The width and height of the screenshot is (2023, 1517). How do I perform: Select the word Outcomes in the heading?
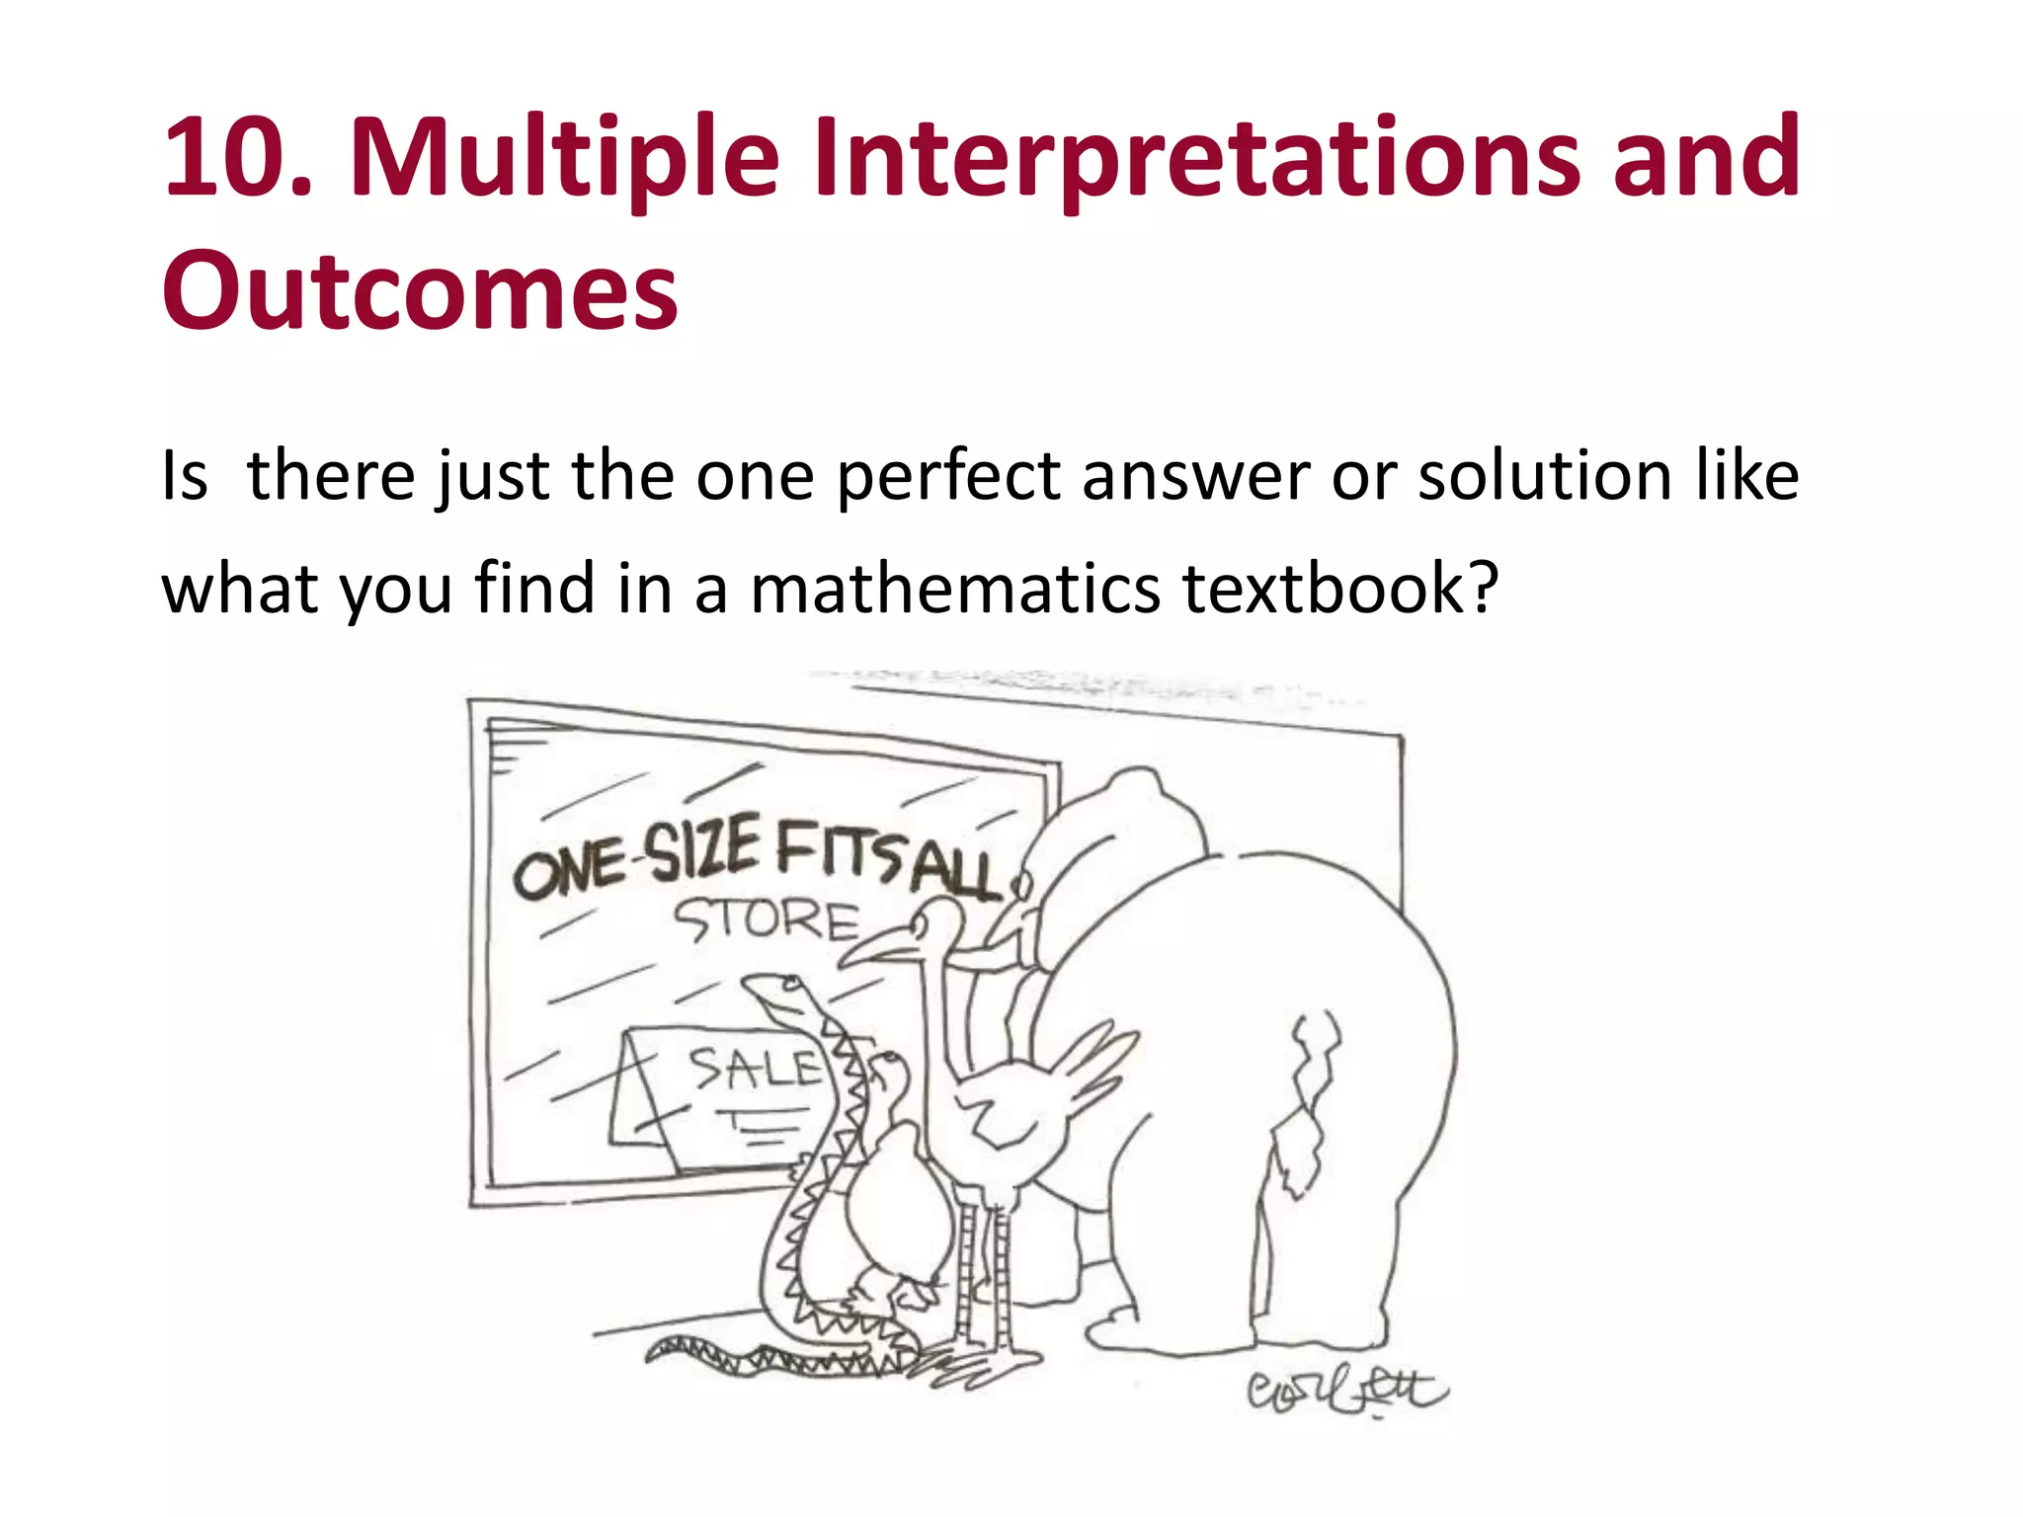click(x=420, y=291)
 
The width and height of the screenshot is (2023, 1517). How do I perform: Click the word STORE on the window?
click(x=766, y=921)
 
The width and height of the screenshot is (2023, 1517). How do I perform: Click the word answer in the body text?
click(x=1195, y=477)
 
